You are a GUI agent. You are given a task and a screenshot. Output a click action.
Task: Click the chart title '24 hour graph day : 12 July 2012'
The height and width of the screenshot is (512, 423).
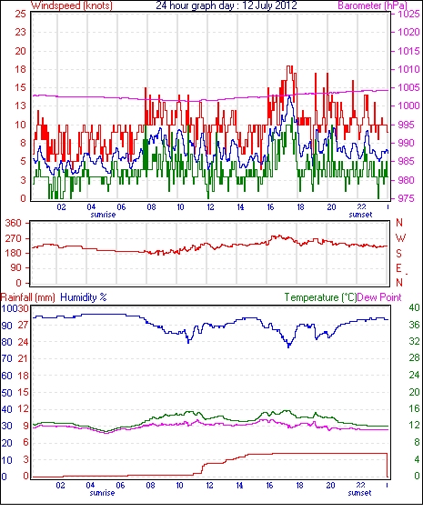[x=227, y=5]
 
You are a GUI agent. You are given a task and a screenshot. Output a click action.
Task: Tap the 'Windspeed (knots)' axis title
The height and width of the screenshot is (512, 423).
[x=72, y=5]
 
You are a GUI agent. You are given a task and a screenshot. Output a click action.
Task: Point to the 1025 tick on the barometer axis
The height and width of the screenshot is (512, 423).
[x=409, y=14]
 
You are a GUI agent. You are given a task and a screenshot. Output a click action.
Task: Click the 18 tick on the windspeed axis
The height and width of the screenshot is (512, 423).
[x=20, y=69]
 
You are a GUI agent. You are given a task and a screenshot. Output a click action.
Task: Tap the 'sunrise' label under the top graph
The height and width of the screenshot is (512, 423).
[x=103, y=215]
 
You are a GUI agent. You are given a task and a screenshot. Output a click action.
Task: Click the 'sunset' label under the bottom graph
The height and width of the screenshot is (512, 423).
[x=359, y=492]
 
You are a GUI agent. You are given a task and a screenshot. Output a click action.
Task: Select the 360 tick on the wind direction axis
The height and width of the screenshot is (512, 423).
[x=13, y=224]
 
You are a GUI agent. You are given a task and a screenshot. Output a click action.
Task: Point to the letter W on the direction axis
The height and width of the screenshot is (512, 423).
[x=400, y=238]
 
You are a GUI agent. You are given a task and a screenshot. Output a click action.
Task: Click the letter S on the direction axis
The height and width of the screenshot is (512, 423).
[x=398, y=253]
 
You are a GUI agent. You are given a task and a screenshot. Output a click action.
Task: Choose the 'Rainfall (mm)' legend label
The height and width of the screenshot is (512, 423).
[x=28, y=297]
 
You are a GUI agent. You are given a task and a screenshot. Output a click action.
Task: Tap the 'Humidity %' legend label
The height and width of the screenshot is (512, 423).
[x=84, y=297]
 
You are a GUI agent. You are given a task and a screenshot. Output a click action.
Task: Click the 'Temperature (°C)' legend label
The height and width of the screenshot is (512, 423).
[x=320, y=297]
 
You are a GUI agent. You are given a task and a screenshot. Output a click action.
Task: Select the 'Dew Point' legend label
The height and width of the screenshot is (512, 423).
[x=379, y=297]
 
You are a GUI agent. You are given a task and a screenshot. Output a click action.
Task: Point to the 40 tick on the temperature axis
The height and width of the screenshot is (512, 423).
[x=414, y=307]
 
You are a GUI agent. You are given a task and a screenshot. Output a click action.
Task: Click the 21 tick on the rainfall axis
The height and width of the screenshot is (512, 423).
[x=23, y=358]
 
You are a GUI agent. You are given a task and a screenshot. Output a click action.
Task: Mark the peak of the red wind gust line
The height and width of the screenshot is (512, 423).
[x=289, y=66]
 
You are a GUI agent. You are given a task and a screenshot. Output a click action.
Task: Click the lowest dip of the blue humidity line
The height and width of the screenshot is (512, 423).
[x=288, y=347]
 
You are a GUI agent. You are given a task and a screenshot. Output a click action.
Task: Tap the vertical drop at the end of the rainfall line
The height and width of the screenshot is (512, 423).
[x=388, y=465]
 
